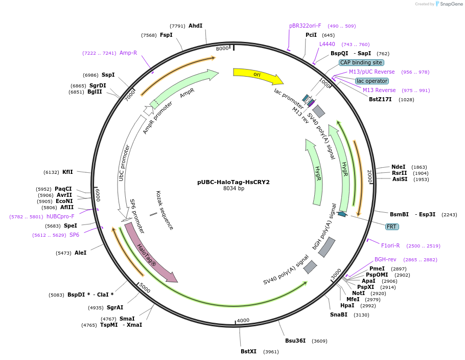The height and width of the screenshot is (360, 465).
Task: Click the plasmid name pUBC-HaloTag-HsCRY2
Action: [234, 182]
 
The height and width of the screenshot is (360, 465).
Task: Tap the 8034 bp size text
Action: [234, 189]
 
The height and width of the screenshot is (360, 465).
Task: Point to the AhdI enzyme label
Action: [195, 26]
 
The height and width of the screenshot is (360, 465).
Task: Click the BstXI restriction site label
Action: [248, 351]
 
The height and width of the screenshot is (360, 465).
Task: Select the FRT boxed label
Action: [392, 227]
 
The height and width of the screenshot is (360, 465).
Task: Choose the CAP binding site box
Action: [361, 62]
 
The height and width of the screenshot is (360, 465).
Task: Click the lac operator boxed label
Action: [372, 81]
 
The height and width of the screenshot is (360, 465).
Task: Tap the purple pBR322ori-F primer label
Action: [305, 26]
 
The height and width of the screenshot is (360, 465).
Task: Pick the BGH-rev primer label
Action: [385, 259]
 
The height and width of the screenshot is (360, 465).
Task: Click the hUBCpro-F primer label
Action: [60, 216]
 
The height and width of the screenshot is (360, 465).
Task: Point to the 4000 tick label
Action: [243, 320]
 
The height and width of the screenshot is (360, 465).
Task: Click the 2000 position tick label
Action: [369, 176]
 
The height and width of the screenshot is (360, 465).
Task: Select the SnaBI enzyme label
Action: [339, 314]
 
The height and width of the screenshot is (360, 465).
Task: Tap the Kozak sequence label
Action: [165, 210]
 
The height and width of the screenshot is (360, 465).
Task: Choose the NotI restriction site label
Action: [359, 293]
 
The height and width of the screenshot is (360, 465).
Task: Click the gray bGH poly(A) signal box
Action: [327, 247]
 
